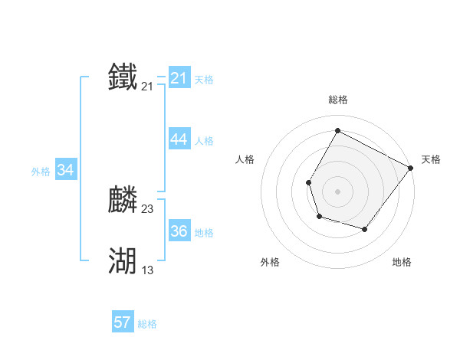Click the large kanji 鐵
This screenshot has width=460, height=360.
point(123,77)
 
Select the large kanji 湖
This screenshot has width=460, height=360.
point(123,261)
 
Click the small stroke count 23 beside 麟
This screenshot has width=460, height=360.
point(148,209)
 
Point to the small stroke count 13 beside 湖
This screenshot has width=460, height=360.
point(148,270)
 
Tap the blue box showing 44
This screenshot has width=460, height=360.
point(179,139)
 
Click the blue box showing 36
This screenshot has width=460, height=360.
point(179,231)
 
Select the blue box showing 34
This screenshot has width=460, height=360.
point(66,171)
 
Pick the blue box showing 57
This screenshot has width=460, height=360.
point(123,322)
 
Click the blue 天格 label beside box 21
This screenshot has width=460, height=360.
point(204,79)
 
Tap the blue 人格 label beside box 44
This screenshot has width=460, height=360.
point(204,141)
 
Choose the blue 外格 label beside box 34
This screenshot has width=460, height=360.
point(41,172)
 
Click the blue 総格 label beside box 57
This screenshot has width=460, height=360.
point(147,324)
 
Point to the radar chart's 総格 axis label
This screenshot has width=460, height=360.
point(337,100)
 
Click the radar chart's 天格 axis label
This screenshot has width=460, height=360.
point(431,159)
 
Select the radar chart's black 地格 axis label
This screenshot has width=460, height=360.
point(402,262)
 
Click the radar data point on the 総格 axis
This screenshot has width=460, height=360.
point(337,130)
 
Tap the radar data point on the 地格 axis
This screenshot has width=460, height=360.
point(365,230)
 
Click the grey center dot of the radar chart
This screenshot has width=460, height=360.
point(337,191)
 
